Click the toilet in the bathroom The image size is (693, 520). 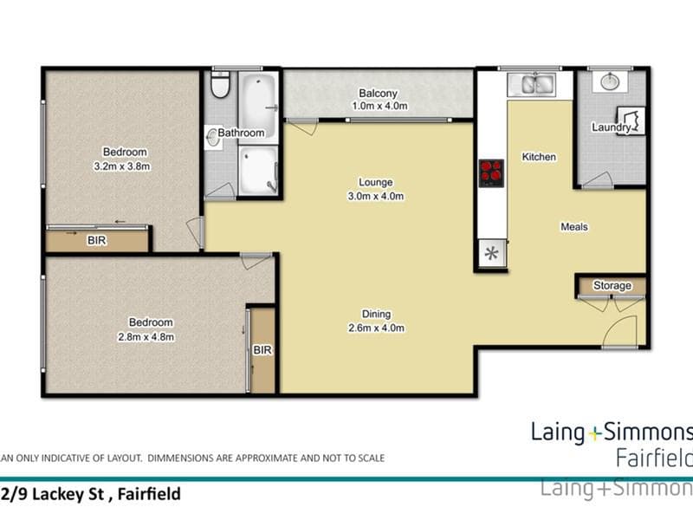(x=220, y=84)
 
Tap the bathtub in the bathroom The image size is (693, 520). (x=258, y=106)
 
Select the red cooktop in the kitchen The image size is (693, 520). (x=491, y=172)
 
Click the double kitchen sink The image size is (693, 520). (x=532, y=84)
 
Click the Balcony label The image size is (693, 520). (x=378, y=94)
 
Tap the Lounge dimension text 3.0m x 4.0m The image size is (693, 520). (x=376, y=196)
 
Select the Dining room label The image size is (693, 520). (x=376, y=314)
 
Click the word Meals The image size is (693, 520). (x=574, y=227)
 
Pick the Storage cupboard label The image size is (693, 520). (x=612, y=286)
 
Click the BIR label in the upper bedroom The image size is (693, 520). (x=97, y=240)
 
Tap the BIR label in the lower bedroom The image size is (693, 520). (x=262, y=350)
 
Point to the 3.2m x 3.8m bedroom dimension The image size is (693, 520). (x=122, y=166)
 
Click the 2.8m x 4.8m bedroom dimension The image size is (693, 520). (x=146, y=336)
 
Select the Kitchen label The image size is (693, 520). (x=539, y=157)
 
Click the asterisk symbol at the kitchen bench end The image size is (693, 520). (x=491, y=253)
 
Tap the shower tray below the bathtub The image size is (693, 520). (x=258, y=171)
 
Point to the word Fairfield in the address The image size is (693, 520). (x=149, y=494)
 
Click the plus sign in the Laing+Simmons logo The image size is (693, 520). (x=595, y=434)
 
